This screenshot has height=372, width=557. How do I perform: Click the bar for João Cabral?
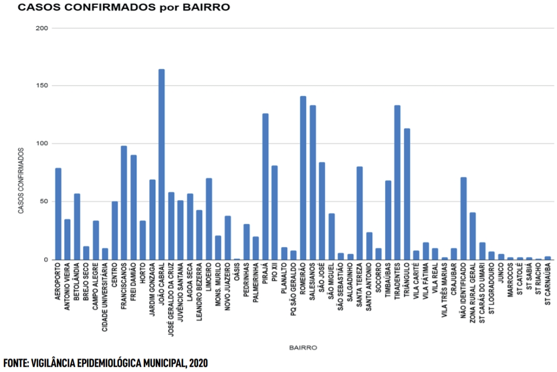coord(161,164)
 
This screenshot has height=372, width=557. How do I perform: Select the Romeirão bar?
coord(303,178)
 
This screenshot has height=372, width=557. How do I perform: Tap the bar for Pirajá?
coord(265,187)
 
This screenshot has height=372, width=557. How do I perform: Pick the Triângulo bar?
coord(407,194)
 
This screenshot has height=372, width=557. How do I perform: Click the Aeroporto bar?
coord(58,214)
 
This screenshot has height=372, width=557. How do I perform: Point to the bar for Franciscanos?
coord(124,203)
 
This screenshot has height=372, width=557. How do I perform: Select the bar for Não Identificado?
coord(463,218)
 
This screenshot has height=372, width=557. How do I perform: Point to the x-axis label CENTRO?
coord(115,279)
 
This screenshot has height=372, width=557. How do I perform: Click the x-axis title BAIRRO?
coord(303,348)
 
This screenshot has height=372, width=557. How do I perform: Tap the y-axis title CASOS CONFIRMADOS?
coord(21,181)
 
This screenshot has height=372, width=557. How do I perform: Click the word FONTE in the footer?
coord(16,363)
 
